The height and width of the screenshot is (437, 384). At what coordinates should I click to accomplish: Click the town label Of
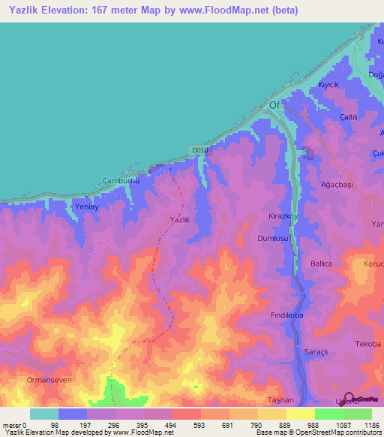point(274,105)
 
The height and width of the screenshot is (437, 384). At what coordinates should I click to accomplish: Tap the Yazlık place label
point(179,219)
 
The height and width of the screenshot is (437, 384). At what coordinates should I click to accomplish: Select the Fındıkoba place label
point(286,316)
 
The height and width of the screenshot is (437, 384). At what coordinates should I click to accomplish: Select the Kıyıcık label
point(329,85)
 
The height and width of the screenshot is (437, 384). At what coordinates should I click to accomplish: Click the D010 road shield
point(199,151)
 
